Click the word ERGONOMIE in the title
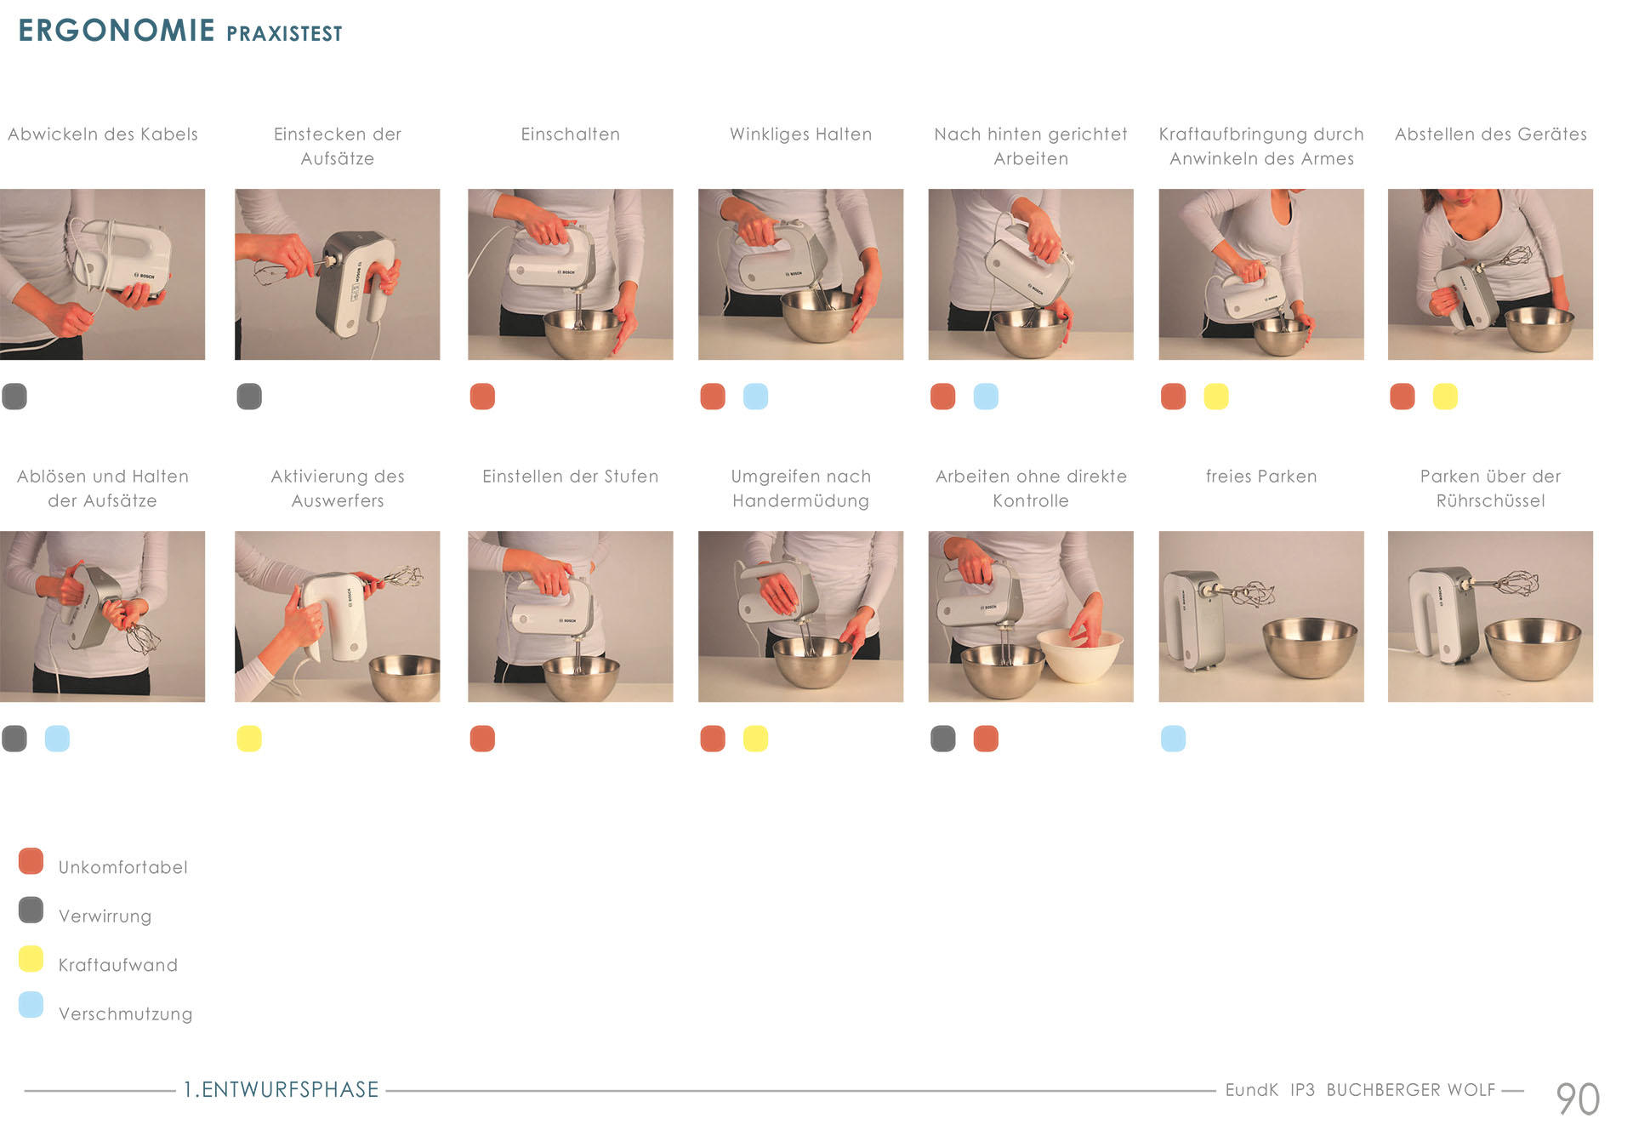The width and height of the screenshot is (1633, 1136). pos(117,31)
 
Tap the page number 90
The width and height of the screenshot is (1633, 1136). pos(1578,1099)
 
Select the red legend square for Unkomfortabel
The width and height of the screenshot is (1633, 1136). pos(31,861)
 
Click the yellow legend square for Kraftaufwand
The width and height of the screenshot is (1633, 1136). pos(31,958)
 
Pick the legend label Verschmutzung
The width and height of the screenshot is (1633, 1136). pos(126,1014)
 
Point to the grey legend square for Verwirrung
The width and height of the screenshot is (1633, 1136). pos(31,910)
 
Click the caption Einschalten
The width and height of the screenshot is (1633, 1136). pos(571,134)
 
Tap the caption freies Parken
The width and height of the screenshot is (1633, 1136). pos(1261,477)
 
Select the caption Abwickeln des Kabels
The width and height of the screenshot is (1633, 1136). pos(103,134)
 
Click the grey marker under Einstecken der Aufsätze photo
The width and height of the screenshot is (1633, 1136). pos(249,397)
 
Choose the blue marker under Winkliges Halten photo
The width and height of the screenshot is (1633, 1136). pos(755,397)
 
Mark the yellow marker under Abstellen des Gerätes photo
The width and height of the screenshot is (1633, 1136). pos(1445,397)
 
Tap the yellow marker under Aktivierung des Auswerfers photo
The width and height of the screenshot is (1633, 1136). pos(249,739)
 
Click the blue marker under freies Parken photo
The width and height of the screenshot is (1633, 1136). pos(1173,739)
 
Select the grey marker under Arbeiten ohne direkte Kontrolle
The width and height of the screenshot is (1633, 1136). pos(943,739)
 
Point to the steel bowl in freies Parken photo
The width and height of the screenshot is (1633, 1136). pos(1311,646)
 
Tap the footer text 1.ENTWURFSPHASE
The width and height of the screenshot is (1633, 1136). pos(282,1090)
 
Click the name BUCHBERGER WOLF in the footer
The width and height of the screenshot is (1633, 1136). pos(1411,1090)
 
